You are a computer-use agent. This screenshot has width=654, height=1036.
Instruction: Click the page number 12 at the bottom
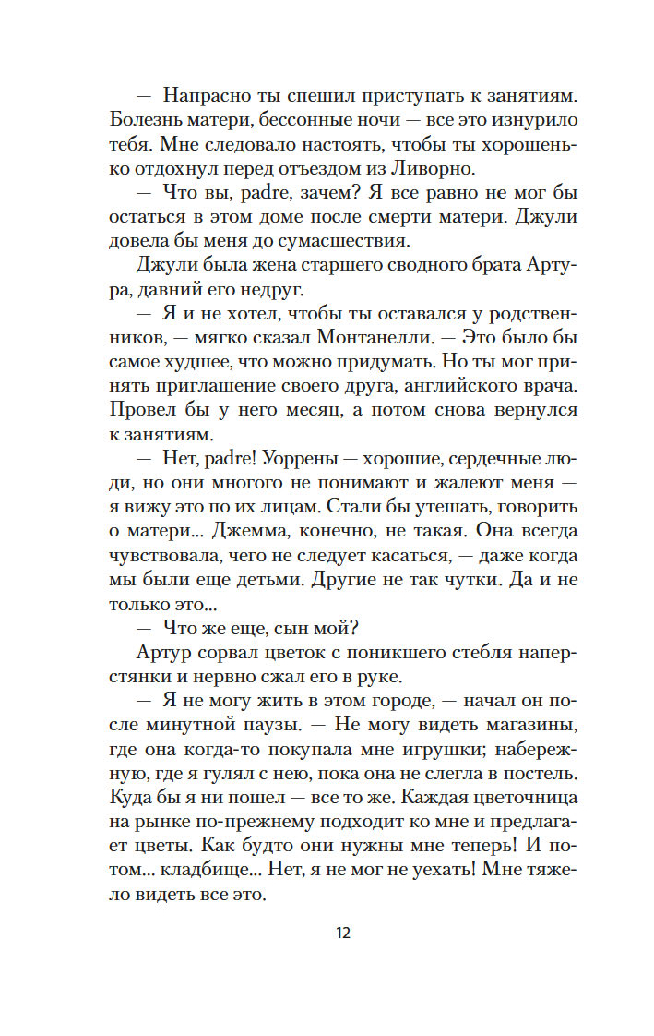(344, 933)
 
